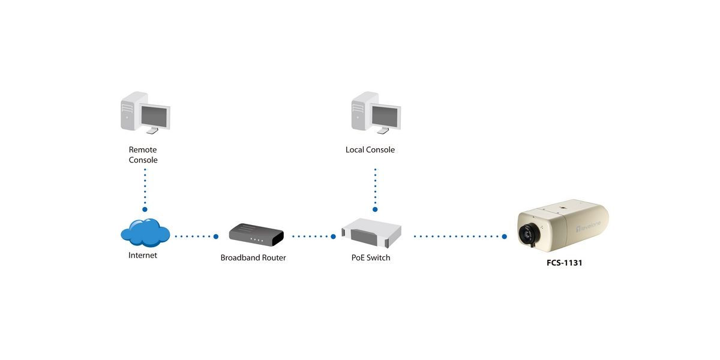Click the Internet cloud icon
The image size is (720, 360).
(145, 232)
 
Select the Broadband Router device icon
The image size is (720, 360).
(256, 234)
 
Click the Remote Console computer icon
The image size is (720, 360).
(145, 113)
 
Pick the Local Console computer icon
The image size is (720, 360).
(375, 113)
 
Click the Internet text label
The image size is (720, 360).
(143, 255)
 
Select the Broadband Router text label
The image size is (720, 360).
(253, 258)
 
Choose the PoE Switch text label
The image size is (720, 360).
(371, 258)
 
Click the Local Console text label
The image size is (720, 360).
(370, 149)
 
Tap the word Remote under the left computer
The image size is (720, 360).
(143, 149)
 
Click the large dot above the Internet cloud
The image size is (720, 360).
(145, 209)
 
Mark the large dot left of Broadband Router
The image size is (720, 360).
(216, 236)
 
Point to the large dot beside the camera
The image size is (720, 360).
(505, 236)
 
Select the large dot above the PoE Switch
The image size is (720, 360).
(375, 209)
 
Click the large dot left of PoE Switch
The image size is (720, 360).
(334, 236)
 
